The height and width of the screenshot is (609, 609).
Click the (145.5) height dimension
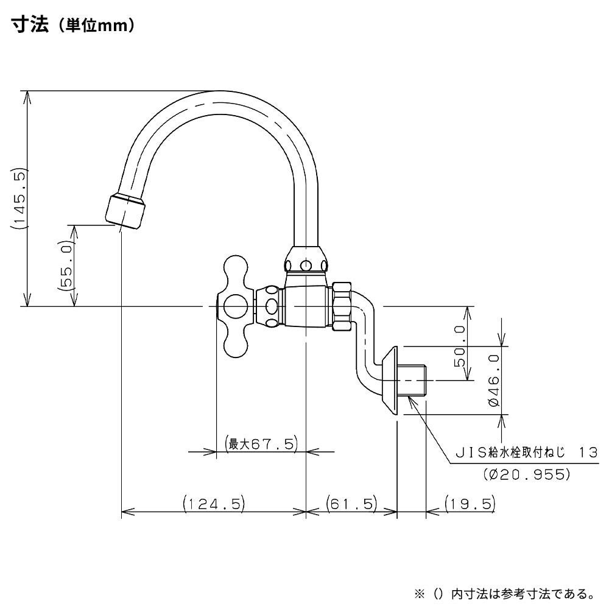pyautogui.click(x=18, y=198)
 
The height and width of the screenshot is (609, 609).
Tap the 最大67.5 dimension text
pyautogui.click(x=260, y=443)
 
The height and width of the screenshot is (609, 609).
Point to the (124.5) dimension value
pyautogui.click(x=213, y=504)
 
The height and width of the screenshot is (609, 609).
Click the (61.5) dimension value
pyautogui.click(x=351, y=504)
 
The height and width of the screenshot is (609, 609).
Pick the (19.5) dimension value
pyautogui.click(x=469, y=504)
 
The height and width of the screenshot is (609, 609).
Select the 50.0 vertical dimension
pyautogui.click(x=460, y=345)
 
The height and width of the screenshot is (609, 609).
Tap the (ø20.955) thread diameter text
pyautogui.click(x=527, y=473)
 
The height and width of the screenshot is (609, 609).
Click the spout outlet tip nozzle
pyautogui.click(x=124, y=210)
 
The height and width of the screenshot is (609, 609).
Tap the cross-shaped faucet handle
pyautogui.click(x=236, y=306)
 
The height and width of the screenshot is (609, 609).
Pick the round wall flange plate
pyautogui.click(x=391, y=381)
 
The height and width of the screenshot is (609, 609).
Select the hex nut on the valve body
pyautogui.click(x=342, y=306)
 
